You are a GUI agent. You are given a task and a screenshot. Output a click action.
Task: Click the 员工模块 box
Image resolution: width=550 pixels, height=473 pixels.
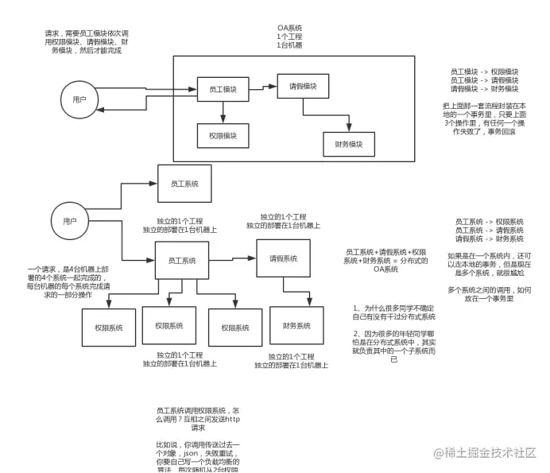[223, 88]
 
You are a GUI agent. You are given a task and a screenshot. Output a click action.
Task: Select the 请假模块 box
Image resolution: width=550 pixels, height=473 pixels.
[303, 87]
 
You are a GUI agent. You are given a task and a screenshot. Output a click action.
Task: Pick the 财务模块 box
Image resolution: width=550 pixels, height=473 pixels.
[349, 144]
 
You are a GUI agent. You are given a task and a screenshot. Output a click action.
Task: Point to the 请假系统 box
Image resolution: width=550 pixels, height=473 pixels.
[283, 258]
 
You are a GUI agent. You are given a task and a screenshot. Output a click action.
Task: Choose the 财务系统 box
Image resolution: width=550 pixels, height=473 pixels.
[296, 326]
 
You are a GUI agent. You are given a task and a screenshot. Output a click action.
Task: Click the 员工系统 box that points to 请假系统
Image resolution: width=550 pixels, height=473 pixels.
[182, 261]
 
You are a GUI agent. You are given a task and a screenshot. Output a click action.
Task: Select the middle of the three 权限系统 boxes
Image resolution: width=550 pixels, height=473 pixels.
[169, 326]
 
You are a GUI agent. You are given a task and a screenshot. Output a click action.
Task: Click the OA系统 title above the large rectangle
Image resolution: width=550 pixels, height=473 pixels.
[289, 29]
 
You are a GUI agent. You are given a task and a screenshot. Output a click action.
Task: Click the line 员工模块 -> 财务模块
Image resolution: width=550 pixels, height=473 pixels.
[484, 89]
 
